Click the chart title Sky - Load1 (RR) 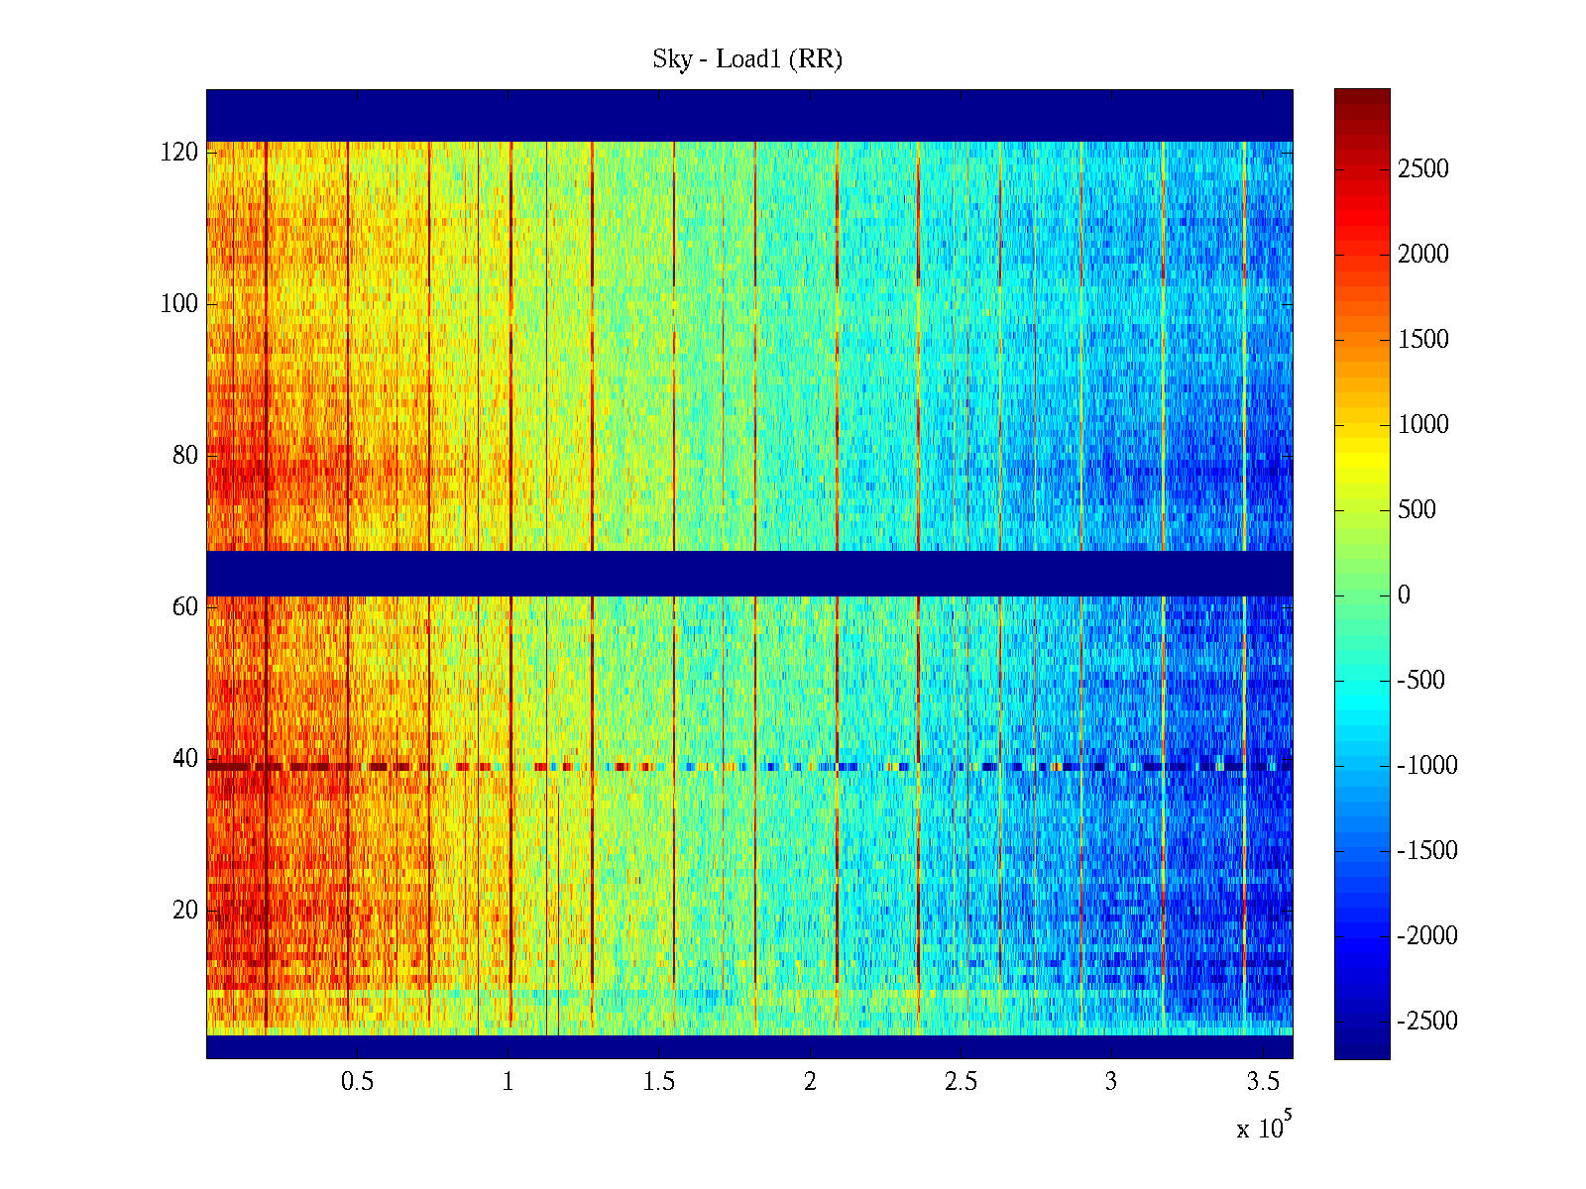click(x=747, y=59)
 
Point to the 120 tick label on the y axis click(x=179, y=153)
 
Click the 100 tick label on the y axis click(x=179, y=304)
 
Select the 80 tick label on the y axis click(x=185, y=456)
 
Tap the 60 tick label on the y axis click(x=185, y=607)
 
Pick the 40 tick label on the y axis click(x=185, y=759)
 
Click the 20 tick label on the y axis click(x=185, y=911)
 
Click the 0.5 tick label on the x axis click(x=357, y=1082)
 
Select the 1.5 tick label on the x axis click(x=659, y=1082)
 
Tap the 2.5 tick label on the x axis click(x=961, y=1082)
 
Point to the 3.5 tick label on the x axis click(x=1263, y=1082)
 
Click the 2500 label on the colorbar click(x=1423, y=169)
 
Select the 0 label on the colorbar click(x=1404, y=595)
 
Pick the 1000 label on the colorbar click(x=1423, y=425)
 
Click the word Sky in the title click(x=671, y=59)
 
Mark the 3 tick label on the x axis click(x=1111, y=1082)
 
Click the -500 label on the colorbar click(x=1421, y=681)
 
